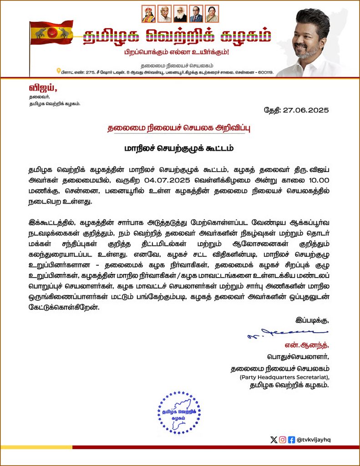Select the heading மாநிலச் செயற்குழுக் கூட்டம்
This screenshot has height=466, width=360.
pos(180,148)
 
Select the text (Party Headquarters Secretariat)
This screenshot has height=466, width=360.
pos(284,377)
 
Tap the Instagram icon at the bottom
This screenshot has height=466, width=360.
pos(283,440)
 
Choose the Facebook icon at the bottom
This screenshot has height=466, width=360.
pos(292,440)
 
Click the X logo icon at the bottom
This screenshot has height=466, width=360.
pos(273,440)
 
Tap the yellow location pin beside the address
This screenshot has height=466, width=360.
pos(58,71)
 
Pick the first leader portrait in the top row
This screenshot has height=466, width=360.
pos(148,14)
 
